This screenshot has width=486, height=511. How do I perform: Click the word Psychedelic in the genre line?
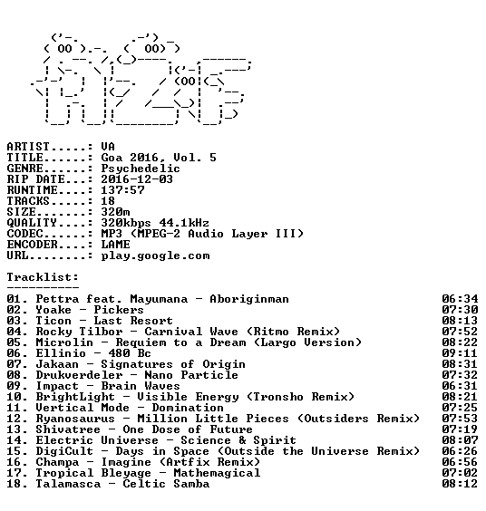click(141, 169)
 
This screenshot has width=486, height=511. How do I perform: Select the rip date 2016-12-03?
click(137, 179)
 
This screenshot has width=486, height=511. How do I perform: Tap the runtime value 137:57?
click(122, 190)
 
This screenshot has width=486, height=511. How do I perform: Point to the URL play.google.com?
click(155, 256)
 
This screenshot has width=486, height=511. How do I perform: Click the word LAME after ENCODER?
click(115, 245)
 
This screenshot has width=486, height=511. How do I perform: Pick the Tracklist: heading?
click(43, 277)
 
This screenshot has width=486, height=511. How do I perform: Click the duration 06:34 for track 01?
click(460, 299)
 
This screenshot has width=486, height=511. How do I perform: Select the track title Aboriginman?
click(249, 299)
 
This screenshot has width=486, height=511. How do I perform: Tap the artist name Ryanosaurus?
click(75, 419)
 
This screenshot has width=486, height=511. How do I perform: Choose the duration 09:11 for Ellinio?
click(460, 353)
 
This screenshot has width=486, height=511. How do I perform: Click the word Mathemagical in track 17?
click(217, 473)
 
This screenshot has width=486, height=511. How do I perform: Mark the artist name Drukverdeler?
click(79, 375)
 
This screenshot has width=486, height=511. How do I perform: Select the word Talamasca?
click(68, 484)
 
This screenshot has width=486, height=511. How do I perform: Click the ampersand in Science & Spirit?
click(242, 440)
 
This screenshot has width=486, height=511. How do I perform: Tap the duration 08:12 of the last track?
click(460, 484)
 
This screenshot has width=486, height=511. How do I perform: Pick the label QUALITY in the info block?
click(32, 223)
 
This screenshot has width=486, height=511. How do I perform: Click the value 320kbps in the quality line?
click(126, 223)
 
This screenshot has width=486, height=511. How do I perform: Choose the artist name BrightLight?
click(75, 397)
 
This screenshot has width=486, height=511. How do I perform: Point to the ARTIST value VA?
click(108, 147)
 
